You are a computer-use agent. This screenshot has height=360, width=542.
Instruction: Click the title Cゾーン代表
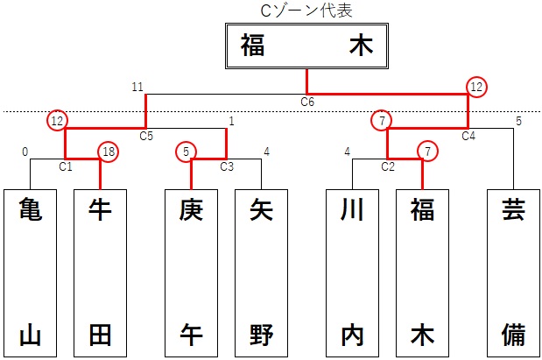[306, 11]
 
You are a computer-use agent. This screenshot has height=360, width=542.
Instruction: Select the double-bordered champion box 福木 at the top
[306, 46]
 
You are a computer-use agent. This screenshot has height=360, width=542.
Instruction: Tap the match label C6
[307, 102]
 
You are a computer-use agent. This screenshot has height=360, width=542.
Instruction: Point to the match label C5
[146, 137]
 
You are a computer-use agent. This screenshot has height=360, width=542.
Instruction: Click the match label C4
[468, 137]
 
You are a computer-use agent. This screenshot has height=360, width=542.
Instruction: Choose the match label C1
[66, 166]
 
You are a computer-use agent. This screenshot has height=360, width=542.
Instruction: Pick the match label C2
[388, 166]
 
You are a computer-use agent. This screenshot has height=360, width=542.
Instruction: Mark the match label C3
[227, 166]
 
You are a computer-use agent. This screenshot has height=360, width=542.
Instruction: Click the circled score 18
[107, 152]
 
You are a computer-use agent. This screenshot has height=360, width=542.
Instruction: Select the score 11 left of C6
[137, 87]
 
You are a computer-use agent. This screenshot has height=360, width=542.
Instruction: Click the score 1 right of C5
[231, 121]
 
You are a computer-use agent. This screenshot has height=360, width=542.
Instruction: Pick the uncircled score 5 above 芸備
[518, 121]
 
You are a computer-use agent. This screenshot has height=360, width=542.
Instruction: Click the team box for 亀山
[31, 272]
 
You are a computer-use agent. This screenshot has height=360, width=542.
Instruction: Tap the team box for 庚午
[192, 272]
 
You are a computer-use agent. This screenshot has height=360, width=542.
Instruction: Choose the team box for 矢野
[262, 272]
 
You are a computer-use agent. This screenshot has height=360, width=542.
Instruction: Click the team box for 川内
[353, 272]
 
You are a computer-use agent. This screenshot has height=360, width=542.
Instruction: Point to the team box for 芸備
[513, 272]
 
